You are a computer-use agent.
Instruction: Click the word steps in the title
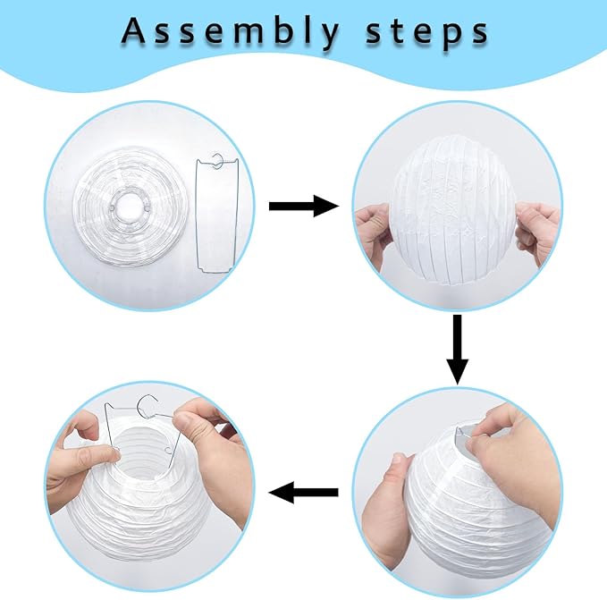(x=427, y=31)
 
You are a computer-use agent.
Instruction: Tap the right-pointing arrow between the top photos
(x=303, y=207)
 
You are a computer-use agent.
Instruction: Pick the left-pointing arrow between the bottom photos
(x=303, y=491)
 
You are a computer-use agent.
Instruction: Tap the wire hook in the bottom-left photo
(x=143, y=405)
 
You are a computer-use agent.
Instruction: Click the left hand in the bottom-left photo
(x=76, y=465)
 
